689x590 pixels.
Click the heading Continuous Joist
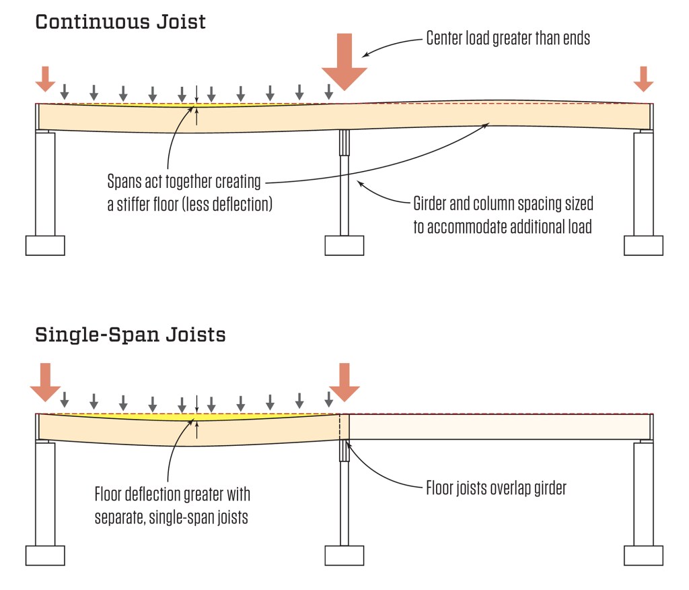click(x=120, y=22)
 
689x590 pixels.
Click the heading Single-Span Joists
click(x=131, y=334)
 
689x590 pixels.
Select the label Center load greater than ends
click(x=508, y=38)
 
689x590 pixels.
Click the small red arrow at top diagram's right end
click(x=643, y=78)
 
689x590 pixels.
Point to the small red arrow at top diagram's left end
click(x=45, y=78)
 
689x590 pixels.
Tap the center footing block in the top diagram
click(x=344, y=245)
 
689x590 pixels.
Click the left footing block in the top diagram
click(x=45, y=245)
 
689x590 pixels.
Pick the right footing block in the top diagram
click(x=643, y=245)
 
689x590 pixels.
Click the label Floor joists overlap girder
click(x=496, y=488)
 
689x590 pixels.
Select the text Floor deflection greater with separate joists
click(x=172, y=504)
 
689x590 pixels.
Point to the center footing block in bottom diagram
click(x=344, y=555)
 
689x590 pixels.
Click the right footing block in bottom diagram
click(x=643, y=555)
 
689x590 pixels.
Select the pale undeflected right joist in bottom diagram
click(x=498, y=426)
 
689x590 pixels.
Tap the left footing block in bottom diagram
click(x=45, y=555)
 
